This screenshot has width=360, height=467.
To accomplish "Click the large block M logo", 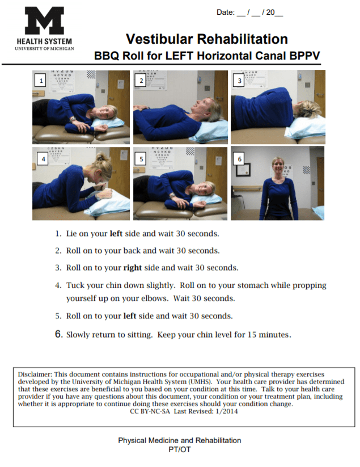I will [x=44, y=21].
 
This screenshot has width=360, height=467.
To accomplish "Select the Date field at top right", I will [x=249, y=12].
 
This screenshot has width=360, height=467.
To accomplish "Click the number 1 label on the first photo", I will [x=40, y=81].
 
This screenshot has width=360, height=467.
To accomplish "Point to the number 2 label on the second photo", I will [x=141, y=81].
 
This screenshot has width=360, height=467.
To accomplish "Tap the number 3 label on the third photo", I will [x=239, y=81].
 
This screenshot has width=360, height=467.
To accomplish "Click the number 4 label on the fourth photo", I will [x=43, y=159].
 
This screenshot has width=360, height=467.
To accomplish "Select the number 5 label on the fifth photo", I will [x=141, y=159].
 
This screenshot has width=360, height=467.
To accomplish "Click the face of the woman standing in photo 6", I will [x=277, y=167].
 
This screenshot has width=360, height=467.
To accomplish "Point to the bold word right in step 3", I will [x=133, y=268].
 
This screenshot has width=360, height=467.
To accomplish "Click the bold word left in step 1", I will [x=116, y=233].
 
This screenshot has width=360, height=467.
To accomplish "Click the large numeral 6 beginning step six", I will [x=58, y=334].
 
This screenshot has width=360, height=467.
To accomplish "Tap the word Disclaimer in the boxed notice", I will [x=34, y=375].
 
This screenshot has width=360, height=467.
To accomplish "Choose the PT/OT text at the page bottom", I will [x=179, y=449].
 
